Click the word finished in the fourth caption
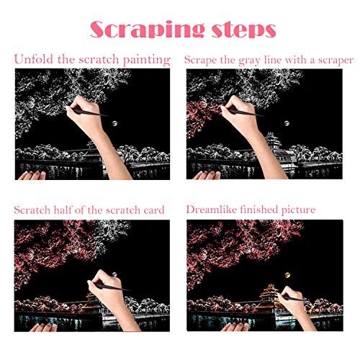tap(265, 210)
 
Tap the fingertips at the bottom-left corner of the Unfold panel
tap(27, 174)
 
